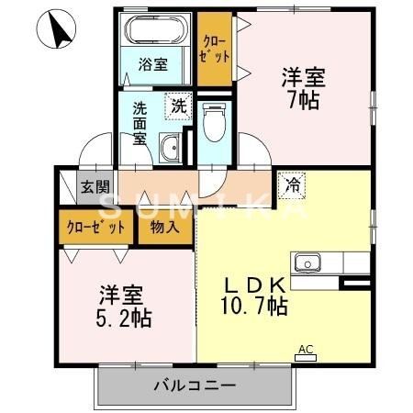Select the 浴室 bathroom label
point(152,64)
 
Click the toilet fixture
point(212,123)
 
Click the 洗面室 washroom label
point(140,122)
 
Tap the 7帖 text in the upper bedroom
point(302,100)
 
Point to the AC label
point(306,349)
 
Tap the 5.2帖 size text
point(126,318)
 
